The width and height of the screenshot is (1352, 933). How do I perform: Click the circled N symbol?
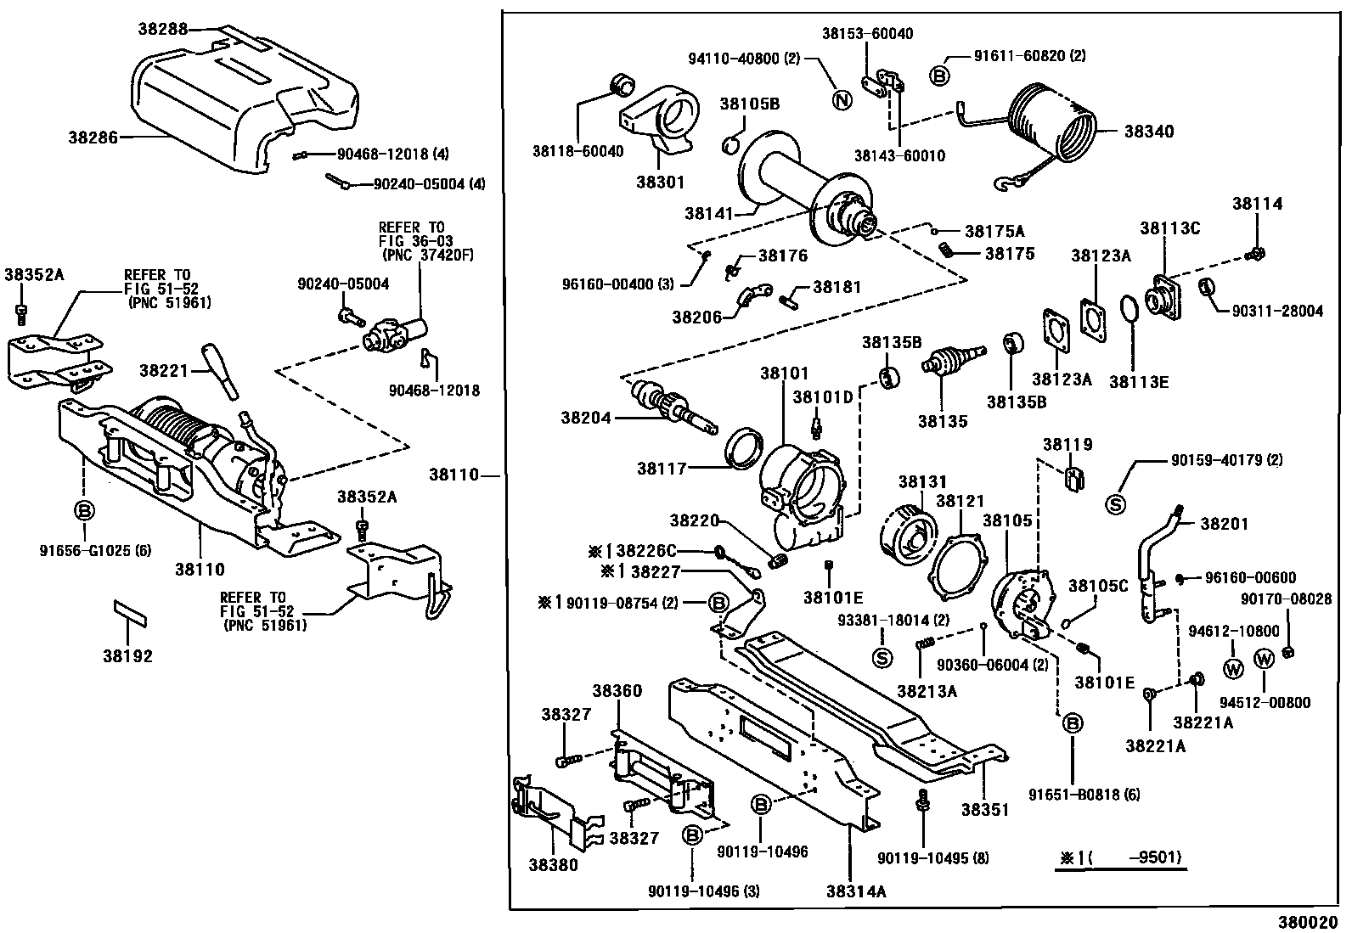840,100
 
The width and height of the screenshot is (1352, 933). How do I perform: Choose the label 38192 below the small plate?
128,656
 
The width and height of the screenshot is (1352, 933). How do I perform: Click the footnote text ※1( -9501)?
1120,857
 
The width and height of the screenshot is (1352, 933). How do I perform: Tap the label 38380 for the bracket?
553,865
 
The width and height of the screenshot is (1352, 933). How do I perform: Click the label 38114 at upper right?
1258,204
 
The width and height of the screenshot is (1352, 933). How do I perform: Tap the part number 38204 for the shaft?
585,418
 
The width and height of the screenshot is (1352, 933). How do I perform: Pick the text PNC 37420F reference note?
413,255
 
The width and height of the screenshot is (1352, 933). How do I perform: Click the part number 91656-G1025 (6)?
95,550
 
